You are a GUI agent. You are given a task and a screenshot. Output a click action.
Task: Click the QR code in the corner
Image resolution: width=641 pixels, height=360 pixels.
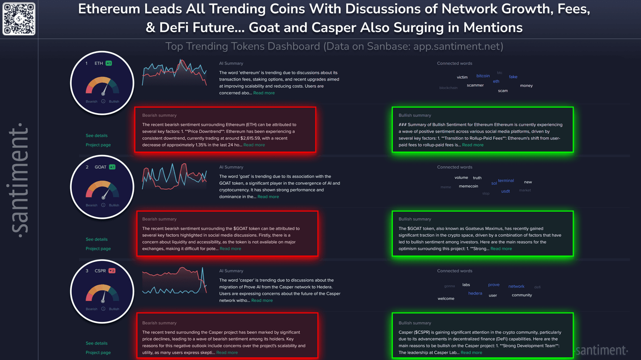[x=19, y=19]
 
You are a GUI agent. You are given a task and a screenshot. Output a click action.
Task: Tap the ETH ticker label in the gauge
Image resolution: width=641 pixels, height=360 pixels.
[x=98, y=63]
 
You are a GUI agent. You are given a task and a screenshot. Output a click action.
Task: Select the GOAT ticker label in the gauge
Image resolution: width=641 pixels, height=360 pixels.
[x=100, y=167]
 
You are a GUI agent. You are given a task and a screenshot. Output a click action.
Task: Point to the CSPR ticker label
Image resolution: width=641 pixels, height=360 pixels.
[x=100, y=271]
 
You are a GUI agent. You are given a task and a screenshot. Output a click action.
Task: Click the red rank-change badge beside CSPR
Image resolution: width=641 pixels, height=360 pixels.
[x=112, y=271]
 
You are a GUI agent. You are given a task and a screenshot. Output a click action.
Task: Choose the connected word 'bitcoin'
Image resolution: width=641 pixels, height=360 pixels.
[x=483, y=76]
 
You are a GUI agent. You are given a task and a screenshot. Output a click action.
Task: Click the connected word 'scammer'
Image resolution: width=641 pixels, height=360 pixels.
[x=475, y=85]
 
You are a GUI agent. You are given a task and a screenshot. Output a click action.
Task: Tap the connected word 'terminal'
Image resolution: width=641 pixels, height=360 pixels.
[x=506, y=181]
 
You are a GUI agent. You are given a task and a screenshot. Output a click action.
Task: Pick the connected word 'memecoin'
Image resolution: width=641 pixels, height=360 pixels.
[x=468, y=186]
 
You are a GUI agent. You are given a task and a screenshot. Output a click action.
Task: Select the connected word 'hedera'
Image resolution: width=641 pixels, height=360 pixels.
[x=475, y=294]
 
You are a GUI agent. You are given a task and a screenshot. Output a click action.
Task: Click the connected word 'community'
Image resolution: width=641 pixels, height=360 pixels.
[x=522, y=295]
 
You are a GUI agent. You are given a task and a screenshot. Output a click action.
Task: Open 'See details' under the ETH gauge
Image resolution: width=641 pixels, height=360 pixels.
[x=96, y=136]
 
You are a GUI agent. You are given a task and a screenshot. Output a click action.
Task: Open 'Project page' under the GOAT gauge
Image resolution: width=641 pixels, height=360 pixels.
[x=98, y=249]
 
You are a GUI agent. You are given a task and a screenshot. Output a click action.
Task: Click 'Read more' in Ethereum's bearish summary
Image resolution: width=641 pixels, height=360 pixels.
[x=254, y=145]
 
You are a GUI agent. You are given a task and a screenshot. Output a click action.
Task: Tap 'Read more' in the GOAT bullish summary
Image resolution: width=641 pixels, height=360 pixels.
[x=501, y=249]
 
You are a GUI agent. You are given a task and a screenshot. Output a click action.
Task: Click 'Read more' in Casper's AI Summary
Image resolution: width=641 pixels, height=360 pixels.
[x=262, y=301]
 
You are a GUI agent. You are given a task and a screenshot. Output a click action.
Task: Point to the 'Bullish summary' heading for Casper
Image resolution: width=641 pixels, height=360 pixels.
[x=414, y=323]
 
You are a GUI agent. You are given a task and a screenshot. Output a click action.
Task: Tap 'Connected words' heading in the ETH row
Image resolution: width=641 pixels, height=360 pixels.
[x=454, y=63]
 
